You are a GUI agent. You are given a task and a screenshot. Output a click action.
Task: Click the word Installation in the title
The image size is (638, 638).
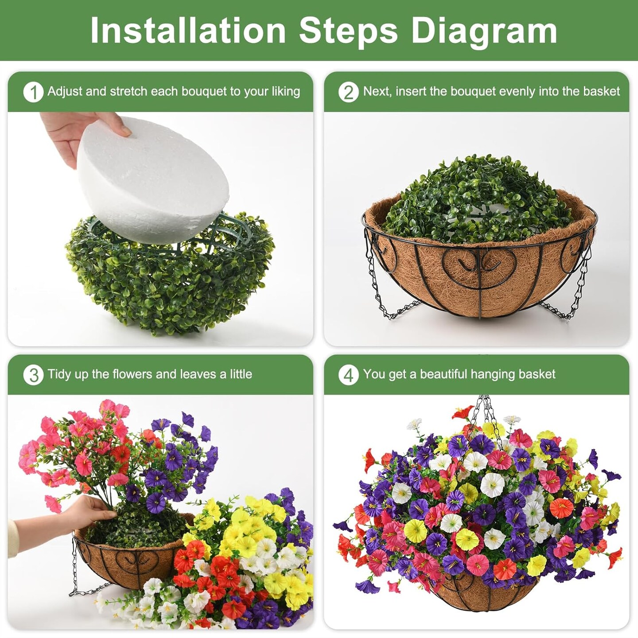tap(188, 31)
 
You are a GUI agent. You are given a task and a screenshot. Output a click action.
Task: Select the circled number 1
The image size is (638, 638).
tap(33, 92)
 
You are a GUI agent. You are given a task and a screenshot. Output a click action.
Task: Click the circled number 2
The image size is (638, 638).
tap(349, 92)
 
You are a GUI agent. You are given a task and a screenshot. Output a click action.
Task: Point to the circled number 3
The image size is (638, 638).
tap(33, 375)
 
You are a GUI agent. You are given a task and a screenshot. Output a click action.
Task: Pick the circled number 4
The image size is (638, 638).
tap(349, 375)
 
